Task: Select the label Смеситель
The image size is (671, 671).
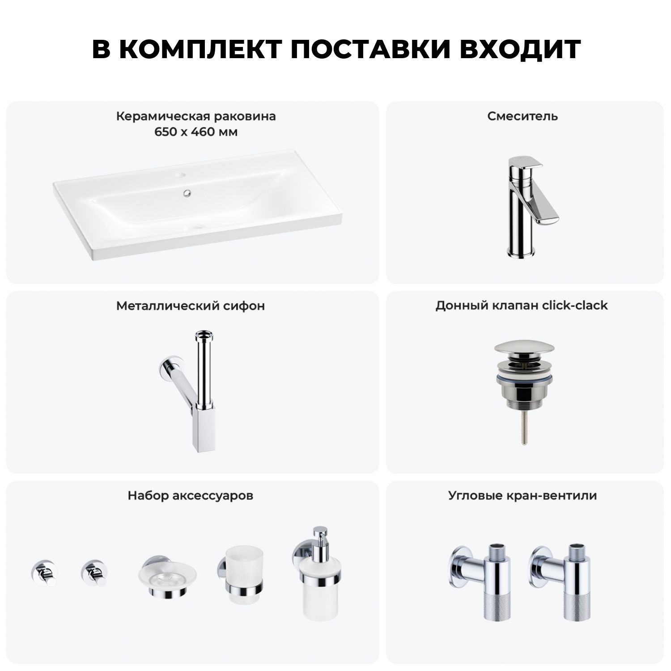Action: click(522, 116)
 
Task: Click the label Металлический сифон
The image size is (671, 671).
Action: click(191, 306)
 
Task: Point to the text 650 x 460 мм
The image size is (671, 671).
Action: click(196, 132)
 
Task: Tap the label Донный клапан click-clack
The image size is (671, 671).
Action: click(522, 306)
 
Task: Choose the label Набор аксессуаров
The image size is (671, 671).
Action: click(191, 496)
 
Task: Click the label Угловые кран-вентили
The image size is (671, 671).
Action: click(522, 496)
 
